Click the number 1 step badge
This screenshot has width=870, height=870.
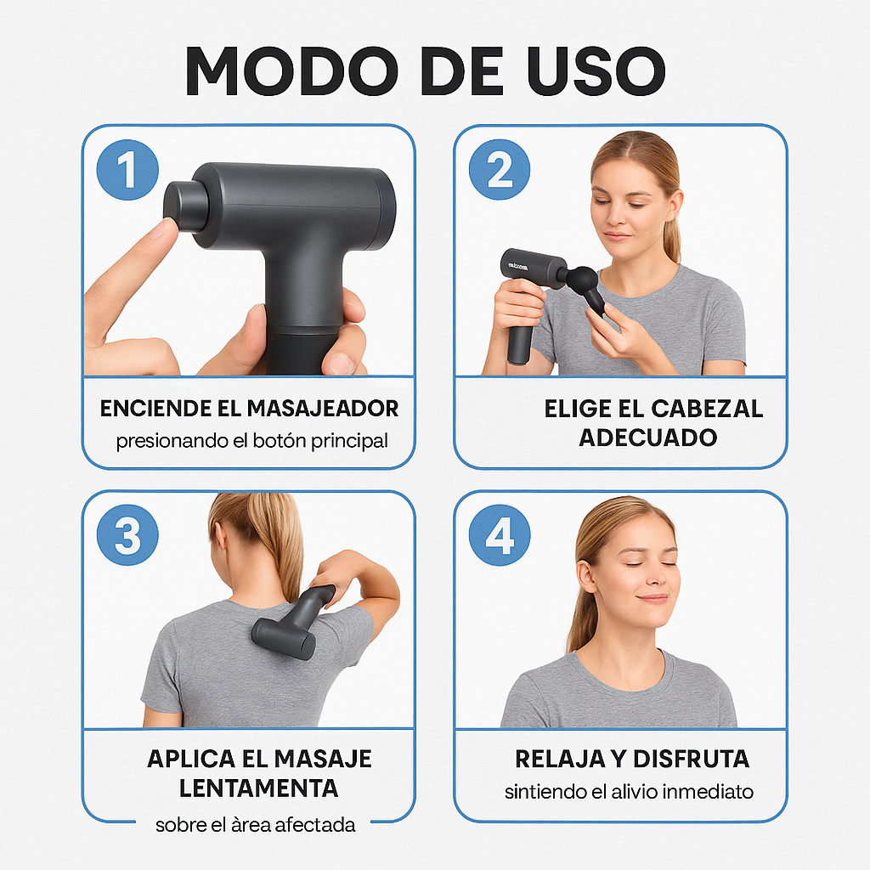point(127,169)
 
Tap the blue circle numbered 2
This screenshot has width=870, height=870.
point(500,169)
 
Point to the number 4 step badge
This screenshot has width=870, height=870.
point(500,535)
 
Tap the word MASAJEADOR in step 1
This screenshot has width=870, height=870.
point(322,409)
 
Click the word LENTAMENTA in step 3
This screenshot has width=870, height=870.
point(258,788)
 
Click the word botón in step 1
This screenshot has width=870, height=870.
point(277,442)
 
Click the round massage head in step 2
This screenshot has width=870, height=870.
point(583,280)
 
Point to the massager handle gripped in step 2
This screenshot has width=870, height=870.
point(520,336)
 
